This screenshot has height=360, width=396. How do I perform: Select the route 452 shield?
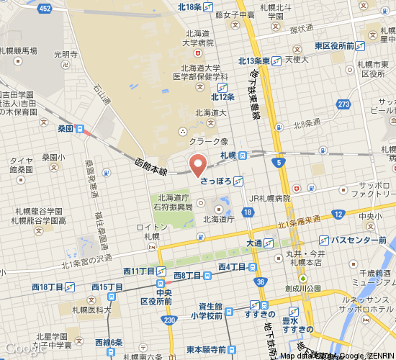[45, 8]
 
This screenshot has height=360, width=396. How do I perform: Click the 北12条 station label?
[223, 96]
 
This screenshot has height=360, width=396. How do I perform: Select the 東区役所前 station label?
[334, 46]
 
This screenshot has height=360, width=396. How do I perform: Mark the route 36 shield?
[259, 282]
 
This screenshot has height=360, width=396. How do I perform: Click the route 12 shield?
[338, 215]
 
